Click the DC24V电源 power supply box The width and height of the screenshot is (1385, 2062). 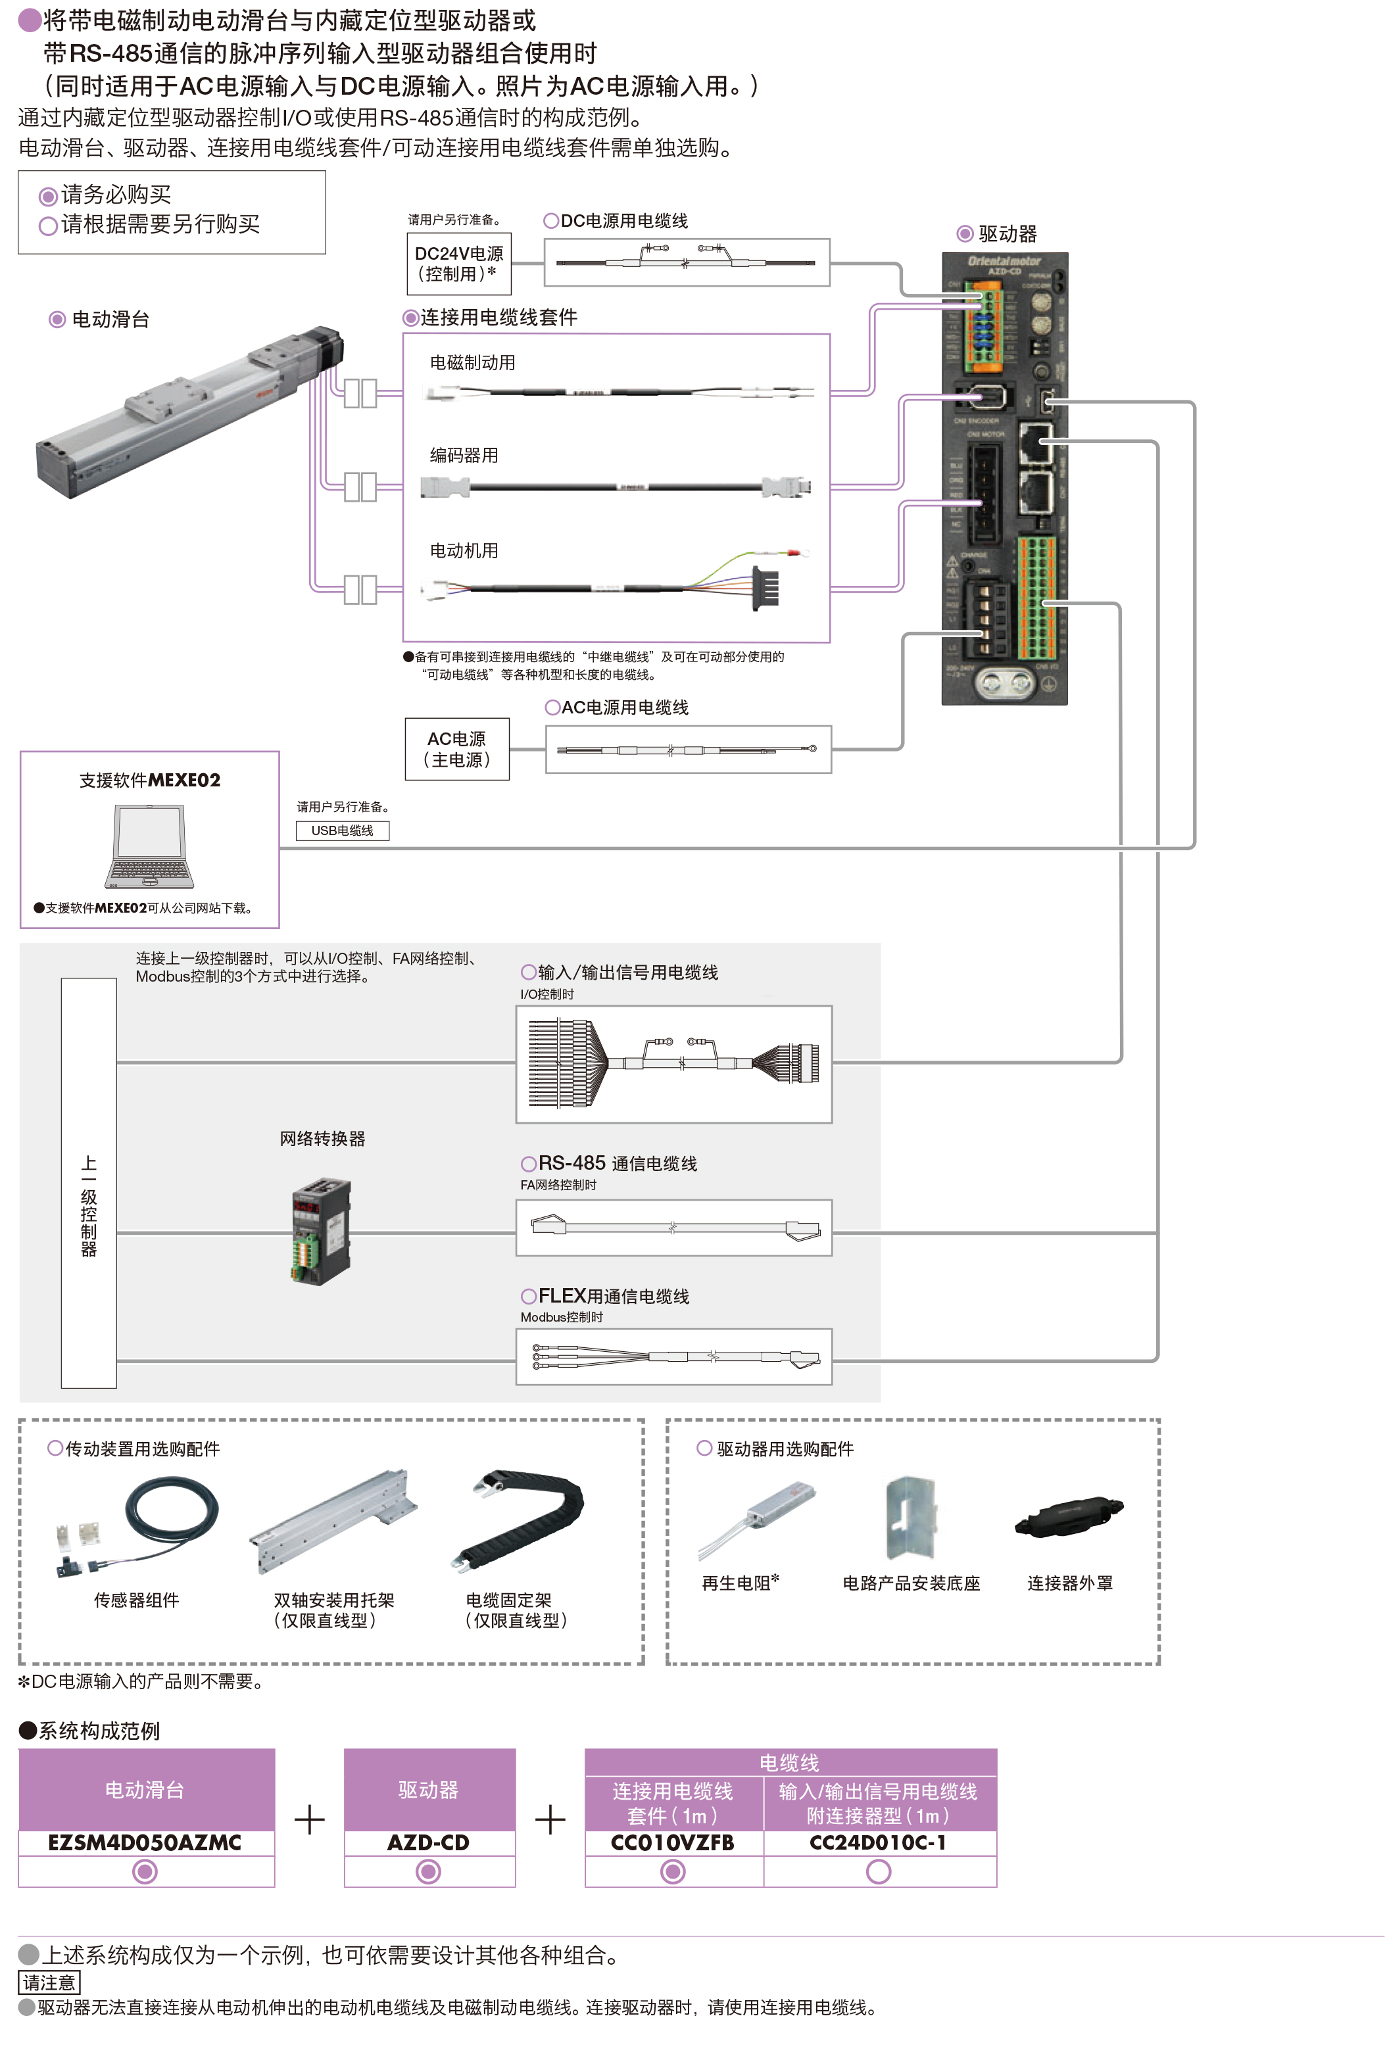[458, 263]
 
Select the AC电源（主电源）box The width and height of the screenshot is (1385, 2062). [456, 749]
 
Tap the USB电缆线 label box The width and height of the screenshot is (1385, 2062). [342, 830]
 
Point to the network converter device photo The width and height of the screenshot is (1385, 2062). [321, 1231]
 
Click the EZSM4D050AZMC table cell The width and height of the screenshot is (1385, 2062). [145, 1842]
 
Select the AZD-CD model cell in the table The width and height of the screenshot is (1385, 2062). [428, 1842]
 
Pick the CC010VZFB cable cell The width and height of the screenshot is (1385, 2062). [672, 1842]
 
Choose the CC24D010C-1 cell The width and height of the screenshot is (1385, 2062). [878, 1842]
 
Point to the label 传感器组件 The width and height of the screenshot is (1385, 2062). [136, 1599]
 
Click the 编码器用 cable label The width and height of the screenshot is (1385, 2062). [464, 456]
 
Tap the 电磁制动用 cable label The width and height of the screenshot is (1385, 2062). [473, 363]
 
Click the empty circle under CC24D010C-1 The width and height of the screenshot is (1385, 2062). [878, 1871]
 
